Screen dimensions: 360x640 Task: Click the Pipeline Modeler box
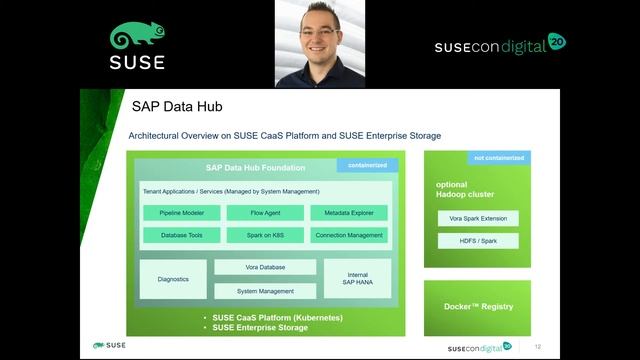(x=181, y=213)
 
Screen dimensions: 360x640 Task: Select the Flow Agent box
(x=265, y=213)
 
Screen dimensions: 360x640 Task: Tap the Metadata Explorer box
(x=348, y=213)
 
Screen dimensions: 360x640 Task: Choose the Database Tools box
(x=181, y=235)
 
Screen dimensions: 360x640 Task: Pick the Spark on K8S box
(x=265, y=235)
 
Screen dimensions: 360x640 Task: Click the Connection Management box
(x=348, y=235)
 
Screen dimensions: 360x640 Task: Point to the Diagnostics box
(x=173, y=279)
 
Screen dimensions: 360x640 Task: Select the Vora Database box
(x=265, y=268)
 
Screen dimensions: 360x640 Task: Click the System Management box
(x=265, y=291)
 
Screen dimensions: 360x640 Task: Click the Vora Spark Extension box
(x=478, y=218)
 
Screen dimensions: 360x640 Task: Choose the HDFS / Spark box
(x=478, y=241)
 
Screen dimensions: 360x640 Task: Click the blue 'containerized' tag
(x=367, y=165)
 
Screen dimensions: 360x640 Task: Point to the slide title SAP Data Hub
(x=177, y=107)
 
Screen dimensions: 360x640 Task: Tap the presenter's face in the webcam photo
(x=321, y=38)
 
